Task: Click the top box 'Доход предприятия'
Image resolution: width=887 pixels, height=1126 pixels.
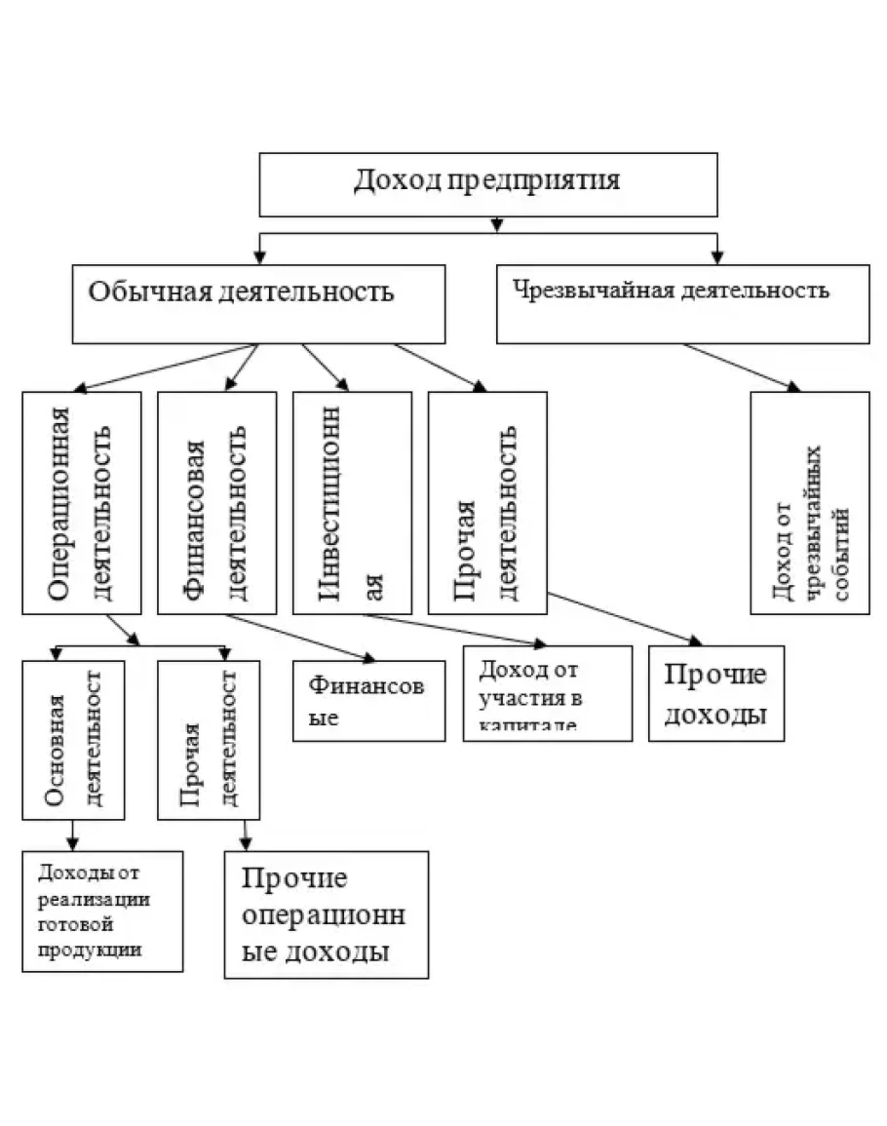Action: click(x=487, y=184)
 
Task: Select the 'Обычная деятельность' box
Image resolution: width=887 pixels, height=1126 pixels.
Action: click(x=258, y=303)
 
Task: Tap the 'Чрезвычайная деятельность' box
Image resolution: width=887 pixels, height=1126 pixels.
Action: click(x=682, y=303)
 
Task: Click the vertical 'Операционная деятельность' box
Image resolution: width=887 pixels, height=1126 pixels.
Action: click(x=82, y=502)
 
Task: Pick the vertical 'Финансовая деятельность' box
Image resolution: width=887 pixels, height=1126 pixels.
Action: click(x=216, y=502)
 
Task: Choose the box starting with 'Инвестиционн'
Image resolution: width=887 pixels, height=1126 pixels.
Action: click(x=352, y=502)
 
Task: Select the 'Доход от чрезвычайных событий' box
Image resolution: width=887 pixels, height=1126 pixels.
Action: click(x=809, y=502)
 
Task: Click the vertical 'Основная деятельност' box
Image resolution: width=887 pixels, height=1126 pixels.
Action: click(x=74, y=739)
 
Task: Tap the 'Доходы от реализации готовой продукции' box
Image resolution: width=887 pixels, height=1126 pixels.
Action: click(x=102, y=911)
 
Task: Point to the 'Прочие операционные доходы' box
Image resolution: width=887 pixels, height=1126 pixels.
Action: click(x=326, y=914)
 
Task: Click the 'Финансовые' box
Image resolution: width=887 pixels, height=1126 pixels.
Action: click(x=368, y=700)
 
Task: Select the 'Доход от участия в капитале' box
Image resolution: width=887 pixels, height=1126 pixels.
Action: click(x=547, y=693)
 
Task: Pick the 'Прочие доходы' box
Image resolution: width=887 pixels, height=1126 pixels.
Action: click(x=715, y=693)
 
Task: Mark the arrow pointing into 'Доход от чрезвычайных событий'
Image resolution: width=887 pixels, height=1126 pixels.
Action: click(x=792, y=386)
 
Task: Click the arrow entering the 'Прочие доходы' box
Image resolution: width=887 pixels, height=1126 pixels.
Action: click(x=695, y=640)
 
